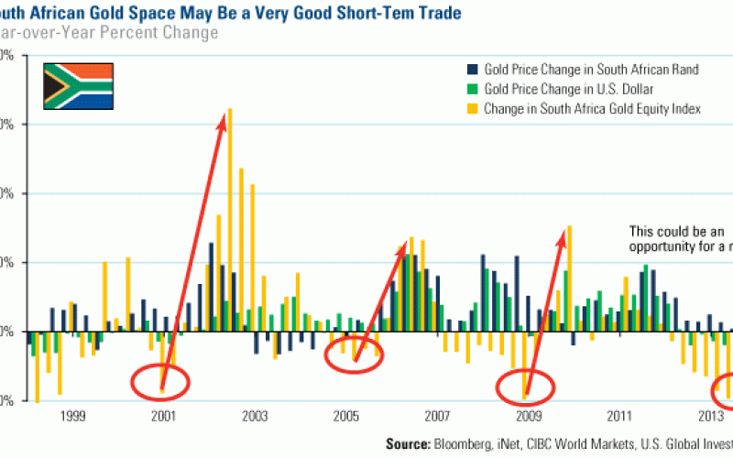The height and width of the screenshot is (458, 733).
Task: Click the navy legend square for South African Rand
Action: point(472,70)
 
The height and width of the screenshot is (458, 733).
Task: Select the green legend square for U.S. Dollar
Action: point(472,90)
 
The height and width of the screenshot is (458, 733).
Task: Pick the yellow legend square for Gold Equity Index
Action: point(472,109)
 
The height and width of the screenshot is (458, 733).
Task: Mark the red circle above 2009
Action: point(526,388)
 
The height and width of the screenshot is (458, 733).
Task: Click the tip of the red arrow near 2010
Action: point(563,233)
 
